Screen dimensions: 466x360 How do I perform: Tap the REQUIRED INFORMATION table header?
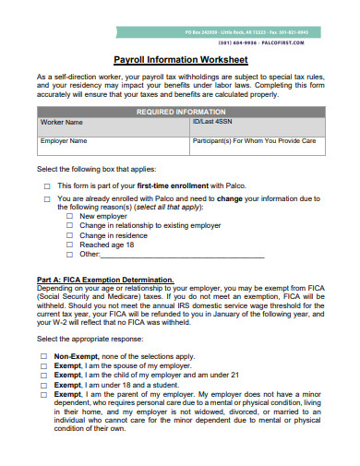coord(180,111)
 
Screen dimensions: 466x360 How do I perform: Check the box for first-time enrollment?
coord(47,185)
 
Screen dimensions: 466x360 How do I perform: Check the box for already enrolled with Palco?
coord(47,198)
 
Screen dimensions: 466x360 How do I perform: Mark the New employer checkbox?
coord(71,216)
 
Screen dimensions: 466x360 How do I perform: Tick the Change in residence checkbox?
coord(71,234)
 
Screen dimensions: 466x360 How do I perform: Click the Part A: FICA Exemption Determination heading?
coord(104,279)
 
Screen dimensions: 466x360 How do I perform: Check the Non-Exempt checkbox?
coord(43,355)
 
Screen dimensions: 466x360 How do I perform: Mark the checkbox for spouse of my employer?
coord(43,365)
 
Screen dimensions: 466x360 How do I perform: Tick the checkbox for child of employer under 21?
coord(43,375)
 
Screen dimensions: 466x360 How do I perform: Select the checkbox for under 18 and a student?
coord(43,385)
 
